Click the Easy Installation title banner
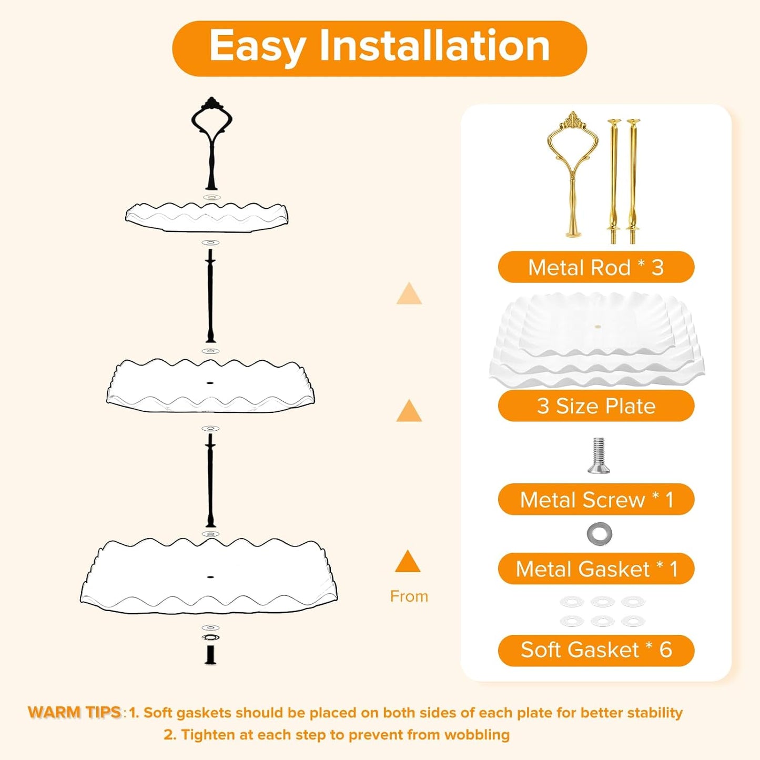379,48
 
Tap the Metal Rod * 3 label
596,267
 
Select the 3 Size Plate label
596,406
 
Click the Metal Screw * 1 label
596,500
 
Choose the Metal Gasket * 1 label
596,569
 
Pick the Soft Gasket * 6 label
596,650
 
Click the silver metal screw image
598,455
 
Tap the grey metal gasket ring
600,534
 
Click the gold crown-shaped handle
572,174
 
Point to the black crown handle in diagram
211,142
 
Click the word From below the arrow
409,596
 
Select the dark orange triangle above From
408,562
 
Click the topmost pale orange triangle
409,294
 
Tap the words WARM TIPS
75,712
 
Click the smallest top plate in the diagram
207,217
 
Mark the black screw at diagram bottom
211,653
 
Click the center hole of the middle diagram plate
210,382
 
